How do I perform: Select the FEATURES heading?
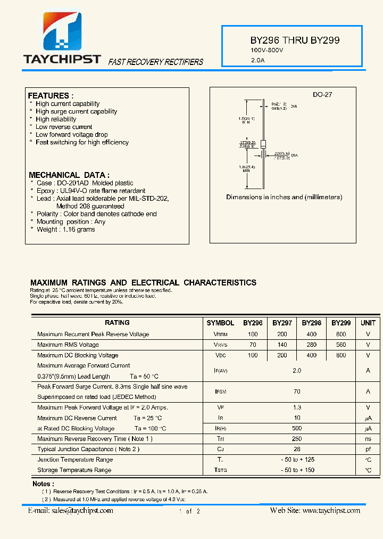pos(51,95)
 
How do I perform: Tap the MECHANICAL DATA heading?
pos(69,175)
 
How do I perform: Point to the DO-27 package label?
pos(322,94)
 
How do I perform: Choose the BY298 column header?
pos(312,323)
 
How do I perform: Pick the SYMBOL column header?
pos(220,323)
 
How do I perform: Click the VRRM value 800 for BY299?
pos(341,334)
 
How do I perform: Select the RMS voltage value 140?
pos(282,345)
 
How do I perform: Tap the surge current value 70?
pos(297,391)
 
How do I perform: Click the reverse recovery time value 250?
pos(297,439)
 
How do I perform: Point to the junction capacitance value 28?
pos(297,449)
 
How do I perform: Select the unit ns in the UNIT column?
pos(368,439)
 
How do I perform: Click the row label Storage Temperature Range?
pos(74,470)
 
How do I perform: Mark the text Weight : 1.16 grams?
pos(65,230)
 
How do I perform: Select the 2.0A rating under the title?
pos(257,60)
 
